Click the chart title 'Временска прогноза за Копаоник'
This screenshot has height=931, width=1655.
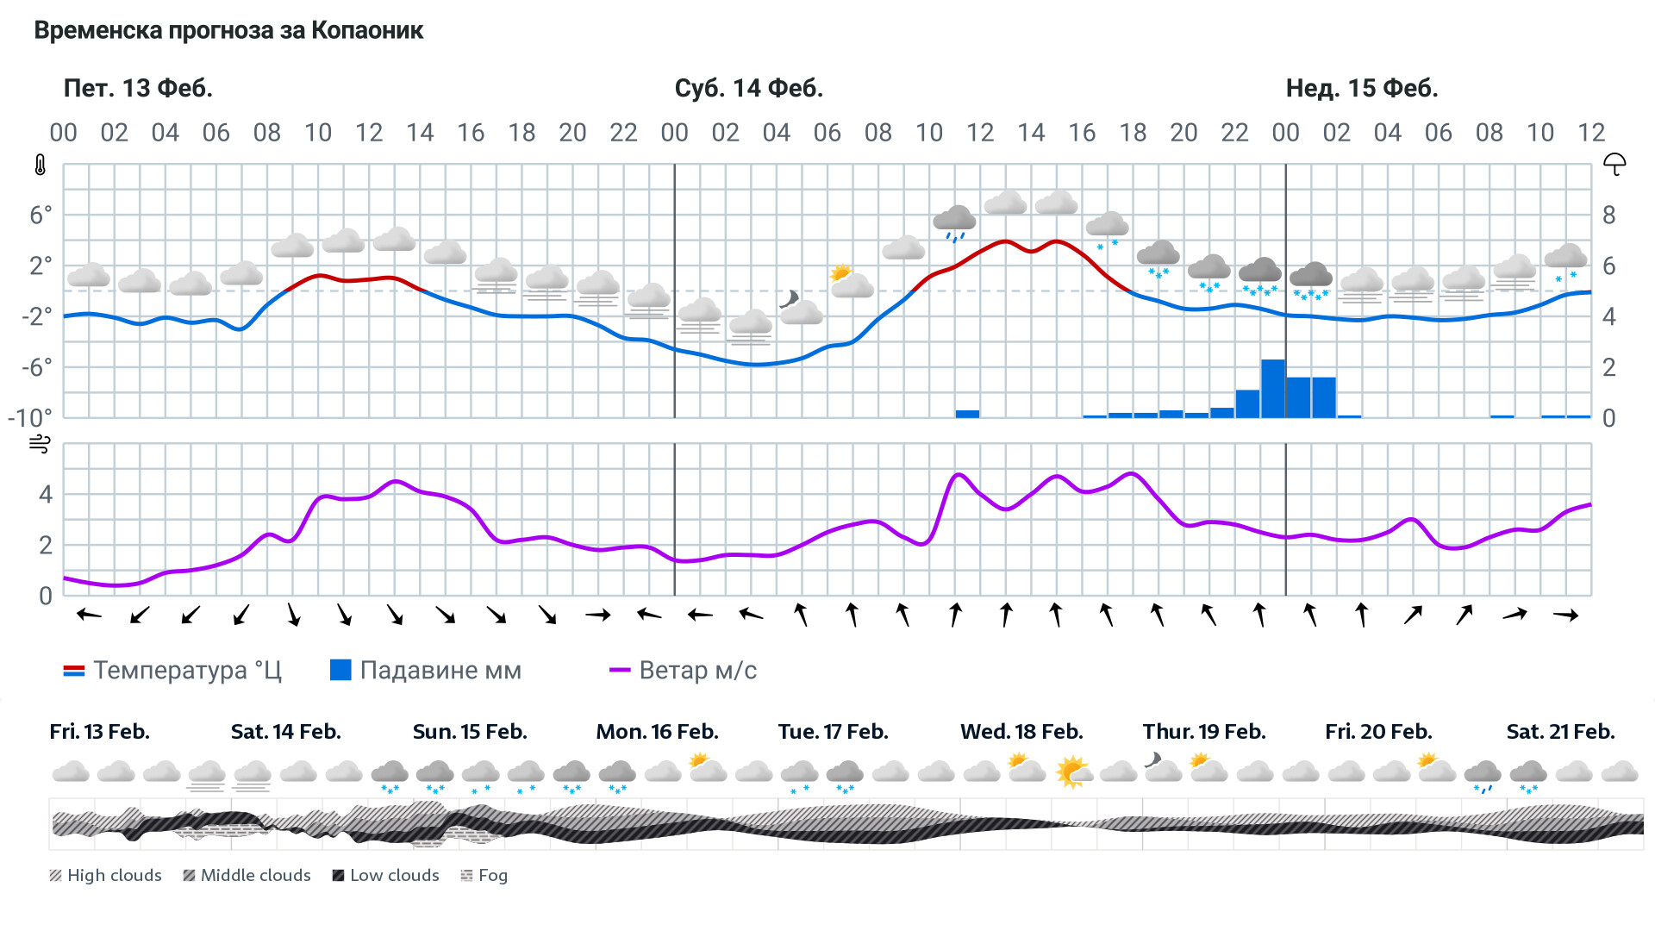[228, 31]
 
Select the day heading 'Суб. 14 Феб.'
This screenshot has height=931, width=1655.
[748, 88]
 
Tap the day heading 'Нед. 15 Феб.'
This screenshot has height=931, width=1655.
[1361, 88]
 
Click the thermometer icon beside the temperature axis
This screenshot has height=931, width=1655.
[41, 166]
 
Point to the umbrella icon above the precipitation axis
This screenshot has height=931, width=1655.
[1614, 164]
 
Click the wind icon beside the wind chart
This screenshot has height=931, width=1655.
[40, 445]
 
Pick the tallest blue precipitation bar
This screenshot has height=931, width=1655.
[1272, 389]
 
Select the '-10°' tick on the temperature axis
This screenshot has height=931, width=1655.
[30, 418]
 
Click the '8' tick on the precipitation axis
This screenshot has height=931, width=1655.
[1608, 216]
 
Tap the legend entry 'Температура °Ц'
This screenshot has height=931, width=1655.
[172, 671]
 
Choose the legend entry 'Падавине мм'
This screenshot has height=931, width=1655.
[426, 671]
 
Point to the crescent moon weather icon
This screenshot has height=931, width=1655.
[789, 299]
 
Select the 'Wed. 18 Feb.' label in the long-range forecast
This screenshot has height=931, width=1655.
[1021, 732]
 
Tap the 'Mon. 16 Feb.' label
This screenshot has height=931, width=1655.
[657, 732]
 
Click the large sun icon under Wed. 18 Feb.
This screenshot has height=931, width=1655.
[1073, 772]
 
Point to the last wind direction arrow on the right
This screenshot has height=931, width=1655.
[1565, 615]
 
